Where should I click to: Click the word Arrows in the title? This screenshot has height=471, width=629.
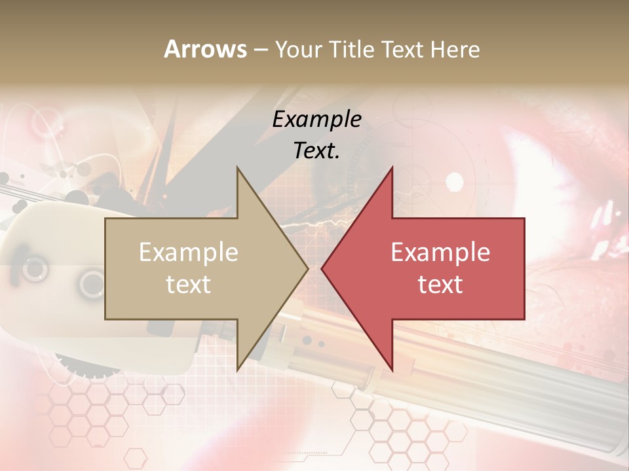coord(205,49)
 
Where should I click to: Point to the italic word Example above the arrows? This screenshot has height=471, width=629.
coord(316,119)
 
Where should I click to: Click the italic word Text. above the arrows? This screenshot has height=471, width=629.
coord(316,150)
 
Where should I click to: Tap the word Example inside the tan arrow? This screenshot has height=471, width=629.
coord(189,253)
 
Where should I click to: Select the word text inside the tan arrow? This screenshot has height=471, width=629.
coord(189,285)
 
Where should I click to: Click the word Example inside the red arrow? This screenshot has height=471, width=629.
coord(440,253)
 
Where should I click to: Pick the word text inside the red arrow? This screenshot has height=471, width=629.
coord(440,285)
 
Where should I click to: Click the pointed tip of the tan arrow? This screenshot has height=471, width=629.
coord(308,268)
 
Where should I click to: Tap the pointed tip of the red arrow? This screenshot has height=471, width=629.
coord(322,268)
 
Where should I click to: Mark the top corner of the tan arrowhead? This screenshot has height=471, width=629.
coord(237,167)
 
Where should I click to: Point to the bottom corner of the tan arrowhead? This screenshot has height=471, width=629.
coord(237,370)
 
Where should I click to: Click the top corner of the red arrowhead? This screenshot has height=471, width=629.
coord(392,167)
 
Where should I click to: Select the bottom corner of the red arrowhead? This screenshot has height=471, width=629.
coord(392,370)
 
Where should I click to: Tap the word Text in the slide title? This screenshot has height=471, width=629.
coord(404,50)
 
